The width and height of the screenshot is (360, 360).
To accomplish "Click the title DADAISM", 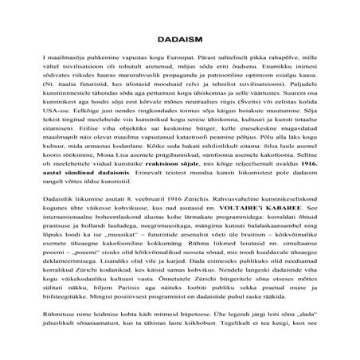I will pyautogui.click(x=180, y=37).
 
